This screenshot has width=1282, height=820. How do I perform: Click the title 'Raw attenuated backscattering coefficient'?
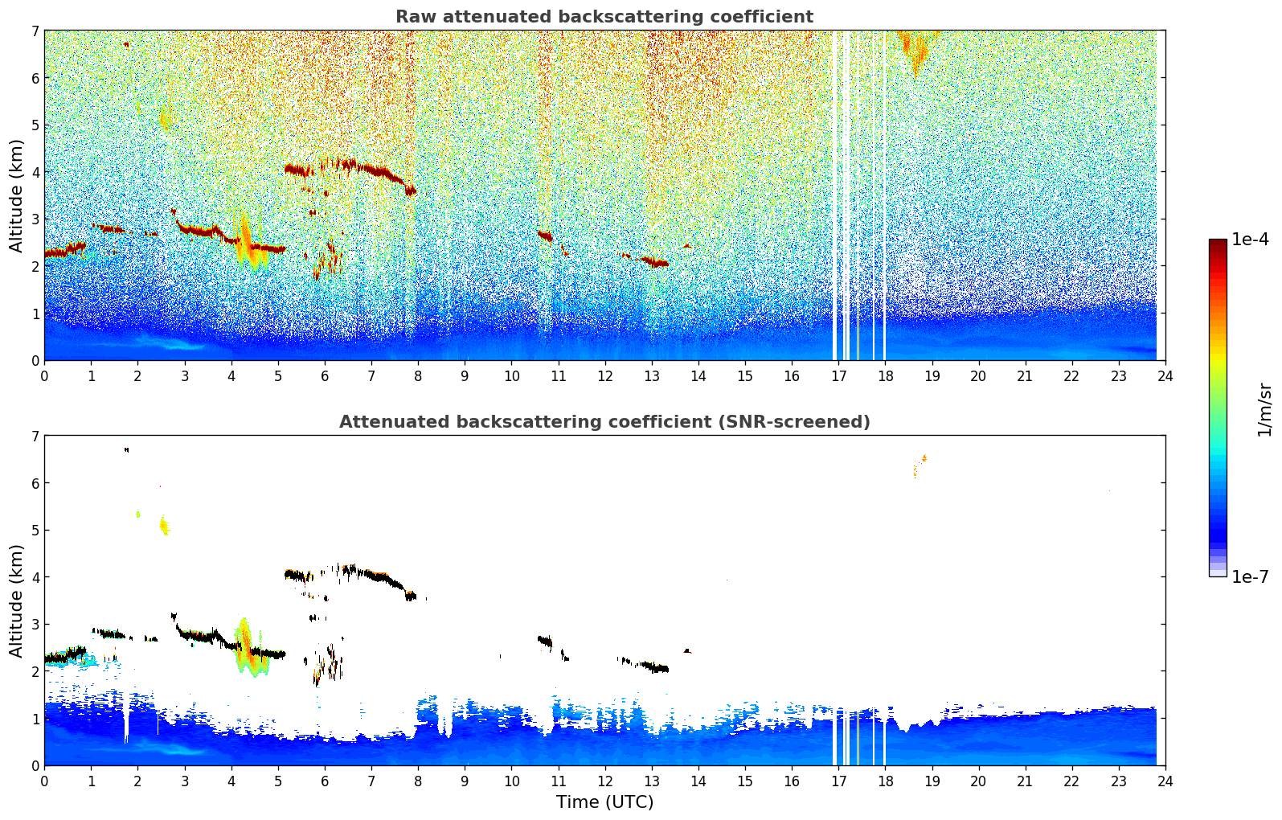(604, 17)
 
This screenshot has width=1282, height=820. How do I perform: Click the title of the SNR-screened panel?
(604, 422)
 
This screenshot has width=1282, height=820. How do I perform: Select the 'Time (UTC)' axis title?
(604, 802)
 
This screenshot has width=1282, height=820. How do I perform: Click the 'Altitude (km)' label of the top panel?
(16, 196)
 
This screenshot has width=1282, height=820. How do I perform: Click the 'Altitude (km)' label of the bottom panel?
(16, 601)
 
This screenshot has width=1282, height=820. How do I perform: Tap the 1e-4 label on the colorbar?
(1250, 240)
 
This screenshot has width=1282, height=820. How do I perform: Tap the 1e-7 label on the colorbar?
(1250, 576)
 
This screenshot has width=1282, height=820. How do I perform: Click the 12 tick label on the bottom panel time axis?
(605, 781)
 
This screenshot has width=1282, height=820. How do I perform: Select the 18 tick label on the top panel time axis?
(886, 376)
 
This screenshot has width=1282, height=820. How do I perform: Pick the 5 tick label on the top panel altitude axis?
(35, 125)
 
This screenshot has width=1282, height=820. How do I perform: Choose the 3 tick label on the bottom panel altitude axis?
(35, 624)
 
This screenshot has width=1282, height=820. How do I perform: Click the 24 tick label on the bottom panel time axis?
(1165, 781)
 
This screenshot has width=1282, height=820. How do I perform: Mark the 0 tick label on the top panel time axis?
(45, 376)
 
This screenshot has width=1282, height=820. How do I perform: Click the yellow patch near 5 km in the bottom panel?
(164, 525)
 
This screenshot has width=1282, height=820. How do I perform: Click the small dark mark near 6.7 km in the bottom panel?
(126, 450)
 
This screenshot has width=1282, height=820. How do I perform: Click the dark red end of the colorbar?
(1218, 244)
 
